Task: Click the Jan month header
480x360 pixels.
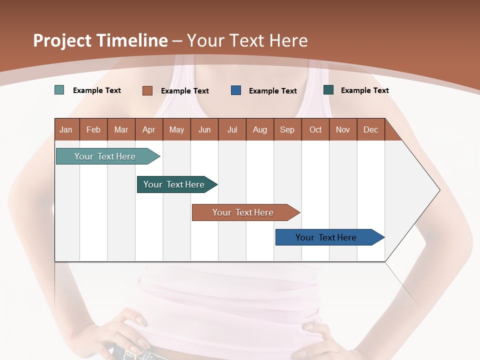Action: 66,130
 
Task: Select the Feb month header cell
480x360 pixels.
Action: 93,130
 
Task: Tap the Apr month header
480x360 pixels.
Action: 149,130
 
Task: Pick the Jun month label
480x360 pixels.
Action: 204,130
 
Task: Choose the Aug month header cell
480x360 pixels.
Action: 260,130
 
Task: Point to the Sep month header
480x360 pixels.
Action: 287,130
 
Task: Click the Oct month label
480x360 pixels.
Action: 315,130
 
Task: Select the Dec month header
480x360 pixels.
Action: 371,130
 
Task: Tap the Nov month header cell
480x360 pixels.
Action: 343,130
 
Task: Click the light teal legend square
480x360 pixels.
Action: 59,90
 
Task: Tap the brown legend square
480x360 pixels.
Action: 147,90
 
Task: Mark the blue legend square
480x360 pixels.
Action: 236,90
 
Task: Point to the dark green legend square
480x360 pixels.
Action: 328,90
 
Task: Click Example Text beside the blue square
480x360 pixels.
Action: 273,91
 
